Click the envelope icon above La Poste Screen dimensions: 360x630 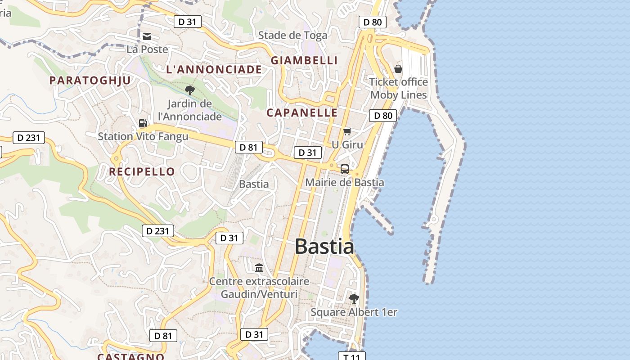coord(147,36)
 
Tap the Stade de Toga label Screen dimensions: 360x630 coord(292,35)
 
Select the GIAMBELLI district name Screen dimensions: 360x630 coord(304,60)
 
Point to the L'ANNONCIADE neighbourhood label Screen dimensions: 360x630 coord(214,69)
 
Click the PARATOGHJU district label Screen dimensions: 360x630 coord(90,80)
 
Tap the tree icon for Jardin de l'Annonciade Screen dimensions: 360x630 coord(190,90)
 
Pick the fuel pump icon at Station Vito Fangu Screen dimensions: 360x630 coord(143,123)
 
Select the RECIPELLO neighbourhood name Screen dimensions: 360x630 coord(142,171)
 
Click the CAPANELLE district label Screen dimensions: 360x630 coord(302,112)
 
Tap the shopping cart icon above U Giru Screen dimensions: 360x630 coord(347,131)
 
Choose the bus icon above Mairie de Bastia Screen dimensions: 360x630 coord(345,169)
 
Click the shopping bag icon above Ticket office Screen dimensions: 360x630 coord(398,69)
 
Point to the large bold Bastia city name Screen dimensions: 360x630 coord(324,247)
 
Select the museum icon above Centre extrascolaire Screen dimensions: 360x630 coord(259,268)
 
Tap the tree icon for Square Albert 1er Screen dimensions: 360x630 coord(354,298)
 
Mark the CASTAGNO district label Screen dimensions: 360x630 coord(131,356)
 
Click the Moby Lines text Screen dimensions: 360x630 coord(398,95)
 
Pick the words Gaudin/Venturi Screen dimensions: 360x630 coord(259,294)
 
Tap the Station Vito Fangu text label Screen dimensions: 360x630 coord(143,136)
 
